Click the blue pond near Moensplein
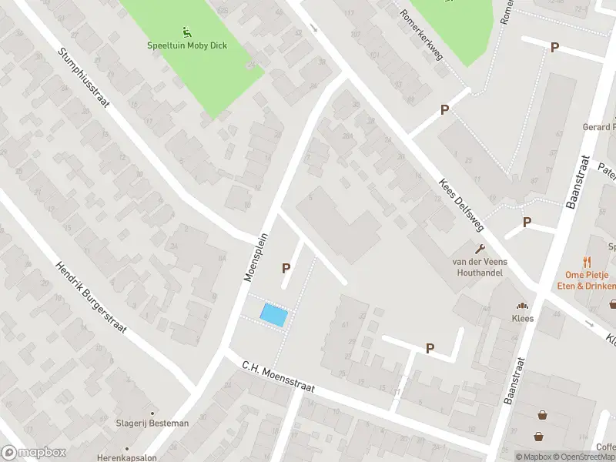(x=276, y=315)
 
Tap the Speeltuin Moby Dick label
(x=187, y=45)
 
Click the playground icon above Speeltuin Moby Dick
(x=187, y=32)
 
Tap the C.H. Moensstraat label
(x=278, y=377)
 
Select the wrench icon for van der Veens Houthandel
(x=482, y=248)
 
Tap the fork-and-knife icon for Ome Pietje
(x=588, y=261)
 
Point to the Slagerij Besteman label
(x=152, y=423)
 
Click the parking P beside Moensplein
(x=286, y=268)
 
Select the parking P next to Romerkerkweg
(x=444, y=110)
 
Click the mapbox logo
(x=32, y=453)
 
